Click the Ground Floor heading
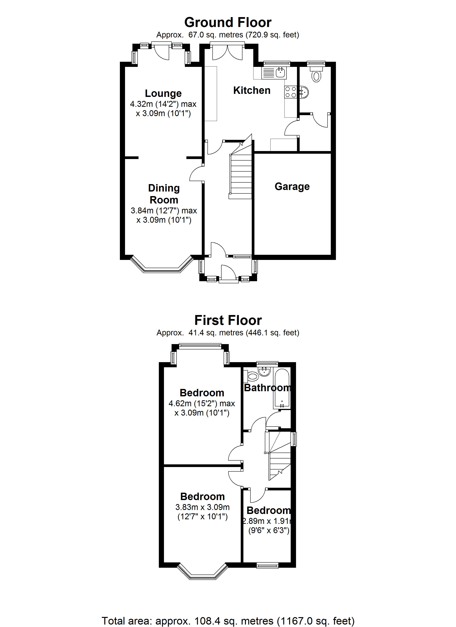(x=228, y=22)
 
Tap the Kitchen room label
(x=252, y=90)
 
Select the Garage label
(x=292, y=187)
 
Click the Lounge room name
(x=163, y=93)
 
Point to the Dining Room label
(x=164, y=194)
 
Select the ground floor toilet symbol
(x=316, y=75)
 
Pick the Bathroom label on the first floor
(x=267, y=388)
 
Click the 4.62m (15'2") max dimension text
(x=202, y=403)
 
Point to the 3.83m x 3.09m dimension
(x=202, y=507)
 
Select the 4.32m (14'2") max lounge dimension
(x=163, y=104)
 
